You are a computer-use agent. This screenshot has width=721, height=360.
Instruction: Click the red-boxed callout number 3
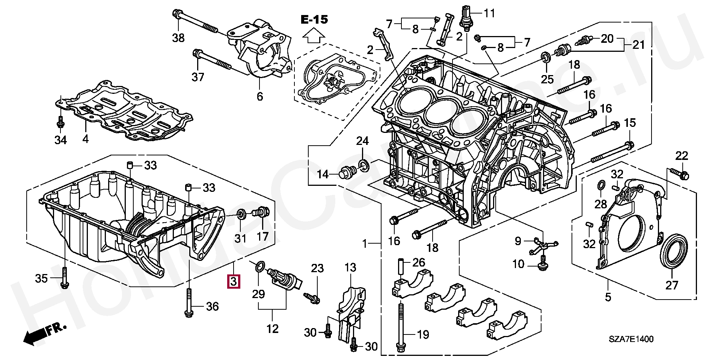pos(233,281)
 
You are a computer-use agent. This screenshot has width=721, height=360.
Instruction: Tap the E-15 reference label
pos(314,20)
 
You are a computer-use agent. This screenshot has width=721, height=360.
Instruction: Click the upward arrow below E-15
pos(314,37)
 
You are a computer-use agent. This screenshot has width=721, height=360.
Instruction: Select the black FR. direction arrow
pos(36,336)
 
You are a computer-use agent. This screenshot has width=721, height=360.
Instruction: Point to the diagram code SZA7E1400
pos(631,339)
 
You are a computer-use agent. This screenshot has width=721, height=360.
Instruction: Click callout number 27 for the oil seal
pos(672,285)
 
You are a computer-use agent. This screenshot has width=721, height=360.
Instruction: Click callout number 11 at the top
pos(489,14)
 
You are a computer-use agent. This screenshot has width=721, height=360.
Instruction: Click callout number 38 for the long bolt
pos(178,38)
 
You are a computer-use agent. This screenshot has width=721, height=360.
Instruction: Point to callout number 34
pos(60,140)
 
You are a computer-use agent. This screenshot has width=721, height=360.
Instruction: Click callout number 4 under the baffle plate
pos(86,139)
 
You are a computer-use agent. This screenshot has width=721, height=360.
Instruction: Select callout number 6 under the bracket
pos(260,96)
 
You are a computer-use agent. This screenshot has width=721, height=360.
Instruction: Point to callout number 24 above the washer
pos(362,141)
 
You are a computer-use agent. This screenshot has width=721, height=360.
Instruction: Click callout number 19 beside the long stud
pos(423,334)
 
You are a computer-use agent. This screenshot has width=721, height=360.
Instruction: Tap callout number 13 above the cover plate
pos(350,268)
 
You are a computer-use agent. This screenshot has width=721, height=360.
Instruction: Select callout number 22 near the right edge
pos(682,155)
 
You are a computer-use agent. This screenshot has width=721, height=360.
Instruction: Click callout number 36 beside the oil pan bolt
pos(212,307)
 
